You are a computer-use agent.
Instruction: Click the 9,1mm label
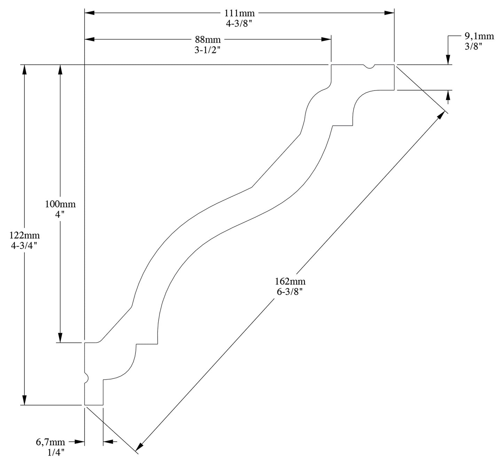tap(479, 36)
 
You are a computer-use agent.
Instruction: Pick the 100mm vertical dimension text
tap(60, 204)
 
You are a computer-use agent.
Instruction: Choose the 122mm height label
tap(24, 236)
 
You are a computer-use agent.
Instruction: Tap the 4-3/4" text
tap(24, 245)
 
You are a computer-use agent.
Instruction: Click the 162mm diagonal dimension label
tap(290, 281)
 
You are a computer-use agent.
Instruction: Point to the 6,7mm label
tap(50, 443)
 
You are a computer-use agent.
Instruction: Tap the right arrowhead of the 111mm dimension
tap(389, 13)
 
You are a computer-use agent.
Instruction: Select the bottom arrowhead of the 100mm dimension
tap(60, 337)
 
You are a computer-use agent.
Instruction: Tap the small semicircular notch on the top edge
tap(369, 67)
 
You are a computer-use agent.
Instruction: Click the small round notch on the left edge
tap(86, 378)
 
